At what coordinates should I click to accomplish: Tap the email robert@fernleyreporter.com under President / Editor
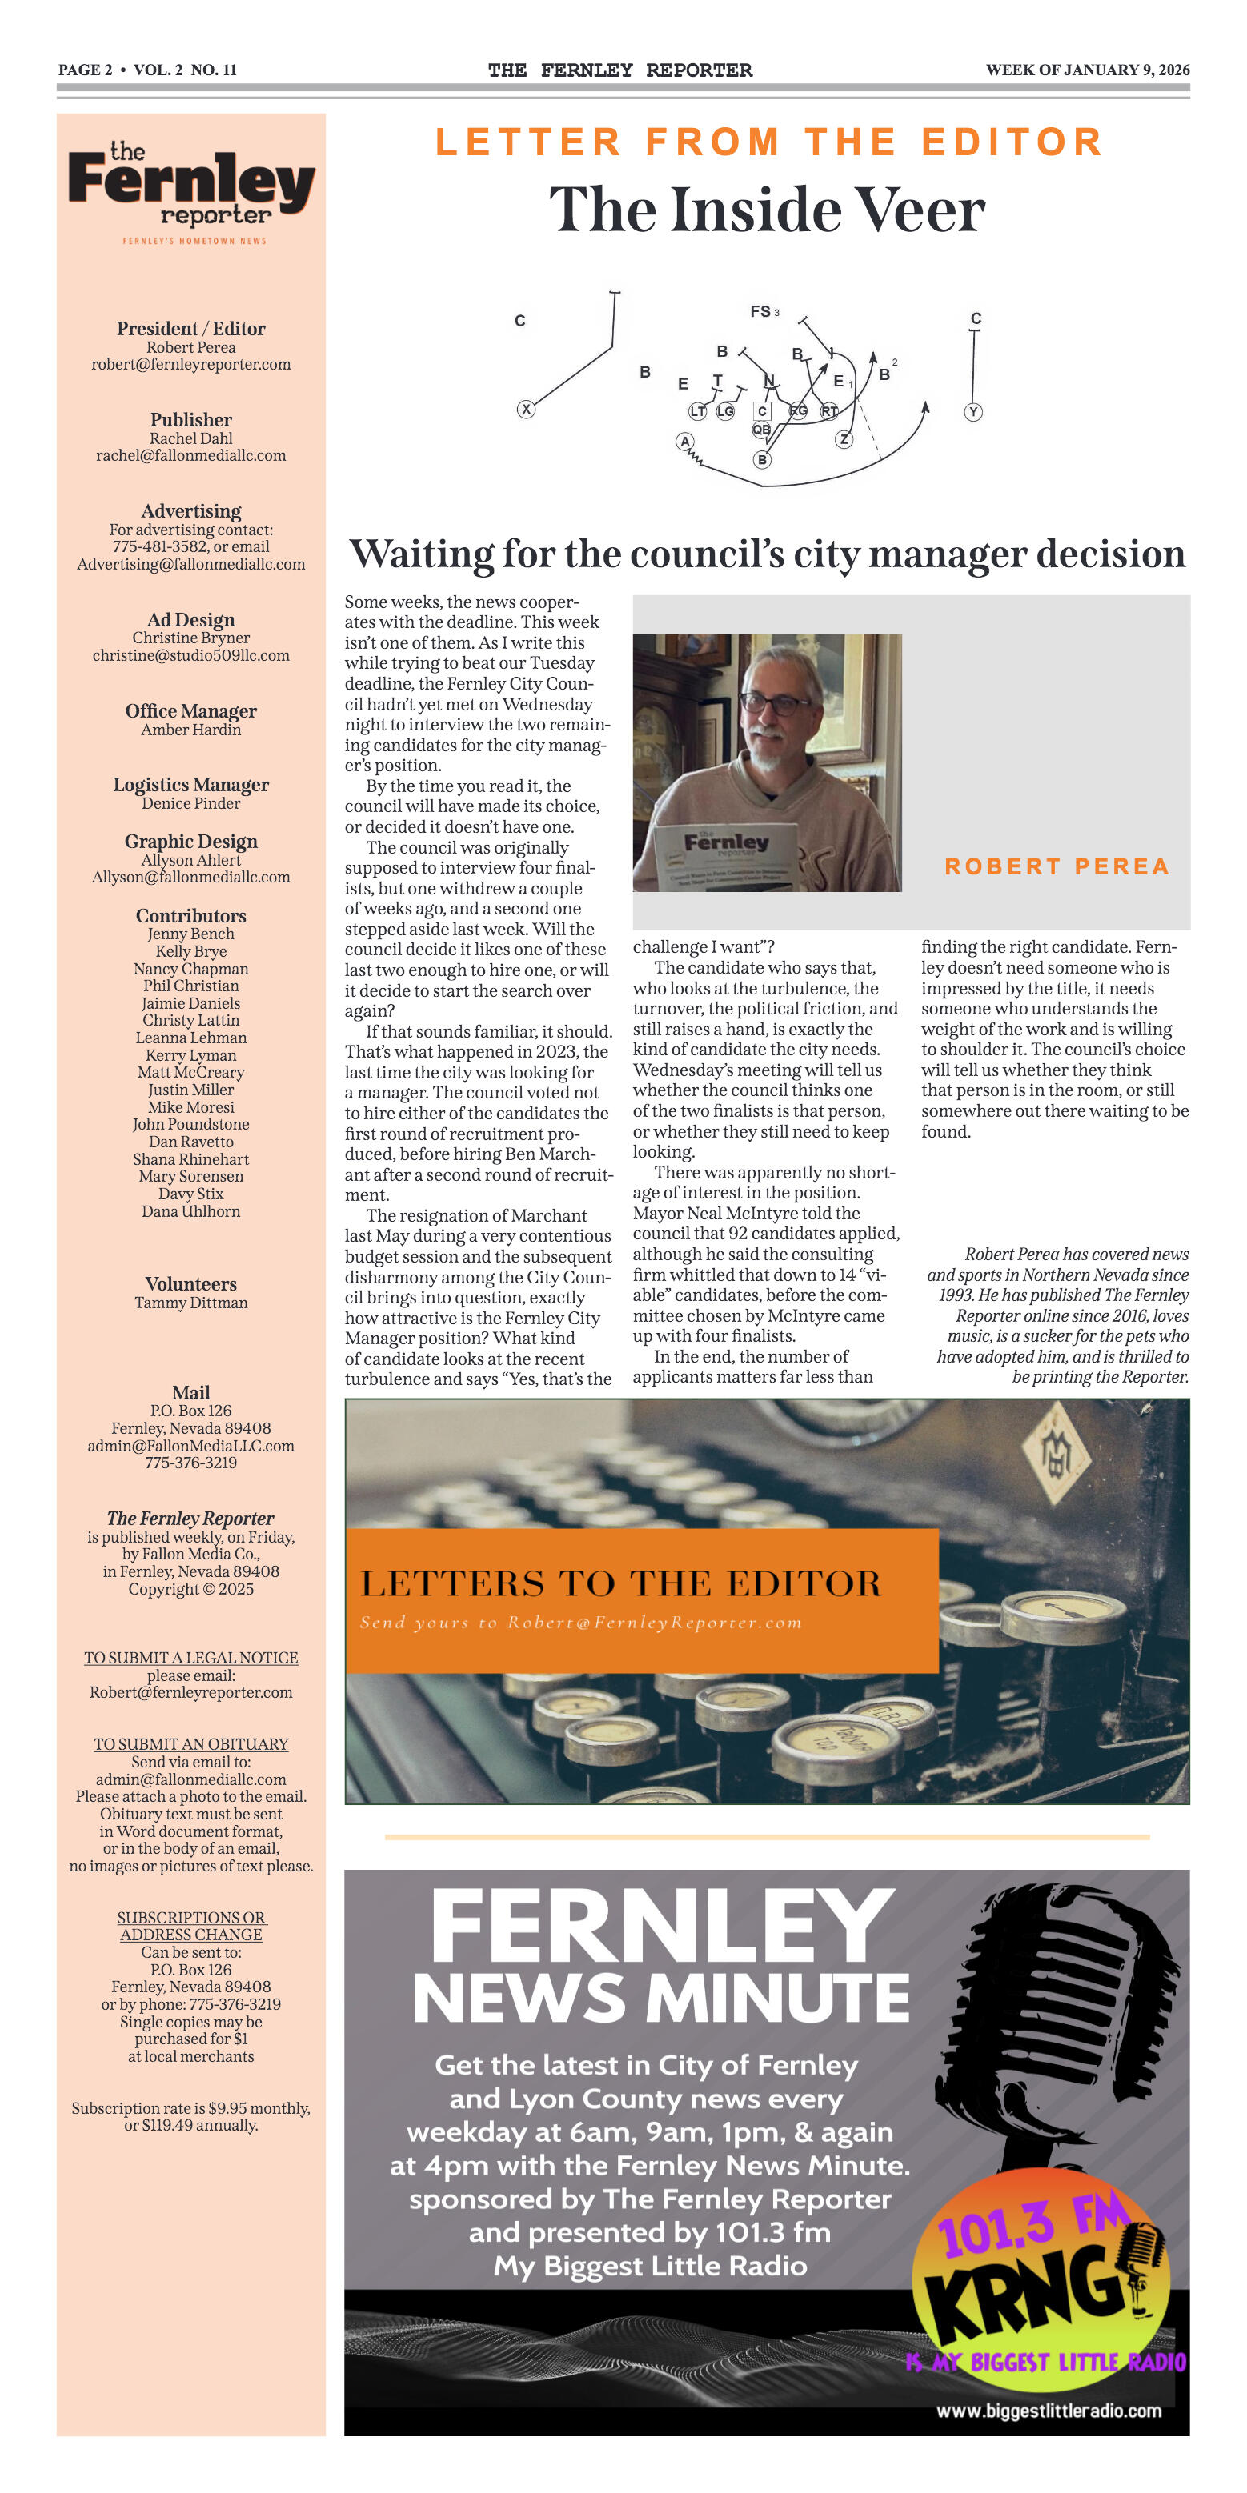coord(190,365)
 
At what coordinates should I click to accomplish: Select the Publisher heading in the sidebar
coord(190,420)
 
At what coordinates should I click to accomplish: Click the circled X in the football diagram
coord(526,410)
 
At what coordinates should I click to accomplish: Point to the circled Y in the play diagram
coord(974,412)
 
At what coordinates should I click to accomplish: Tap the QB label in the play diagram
coord(762,430)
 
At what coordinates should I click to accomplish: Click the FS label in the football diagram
coord(761,312)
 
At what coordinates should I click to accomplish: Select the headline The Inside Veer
coord(767,210)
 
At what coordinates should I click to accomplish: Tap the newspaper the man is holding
coord(726,857)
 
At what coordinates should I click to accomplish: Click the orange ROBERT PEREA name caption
coord(1057,866)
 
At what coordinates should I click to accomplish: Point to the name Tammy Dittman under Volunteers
coord(190,1303)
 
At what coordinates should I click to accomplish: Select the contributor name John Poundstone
coord(190,1125)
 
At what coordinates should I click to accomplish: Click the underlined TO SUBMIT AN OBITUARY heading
coord(190,1744)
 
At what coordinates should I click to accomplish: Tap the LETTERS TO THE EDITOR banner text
coord(620,1584)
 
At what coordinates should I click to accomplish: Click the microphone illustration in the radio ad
coord(1055,2032)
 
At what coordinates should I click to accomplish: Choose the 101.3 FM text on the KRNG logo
coord(1031,2226)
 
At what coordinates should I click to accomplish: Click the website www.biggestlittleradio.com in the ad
coord(1049,2411)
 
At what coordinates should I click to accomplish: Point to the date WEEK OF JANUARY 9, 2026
coord(1087,70)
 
